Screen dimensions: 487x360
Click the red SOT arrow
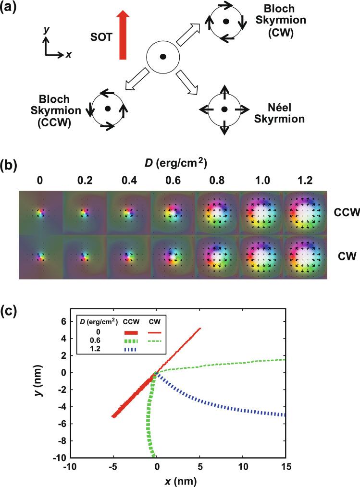[x=122, y=37]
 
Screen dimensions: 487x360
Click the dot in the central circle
[x=163, y=57]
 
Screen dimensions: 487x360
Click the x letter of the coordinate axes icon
[x=69, y=55]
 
